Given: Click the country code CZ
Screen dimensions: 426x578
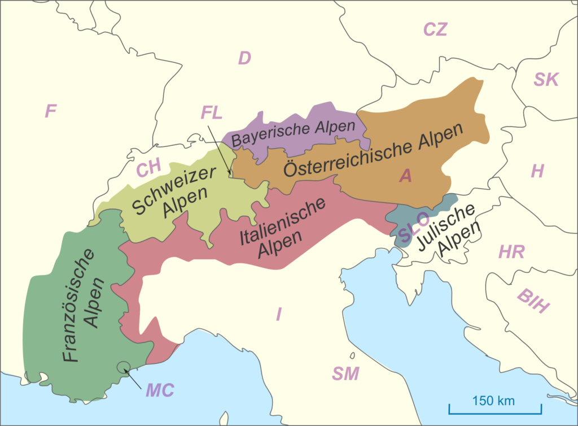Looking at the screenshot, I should (x=435, y=29).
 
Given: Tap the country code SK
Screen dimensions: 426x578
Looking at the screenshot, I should (x=546, y=80).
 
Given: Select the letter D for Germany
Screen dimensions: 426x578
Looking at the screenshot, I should (x=244, y=58).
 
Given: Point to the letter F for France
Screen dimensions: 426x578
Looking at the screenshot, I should (x=51, y=111).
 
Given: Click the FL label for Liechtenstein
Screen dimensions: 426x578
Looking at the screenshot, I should (x=211, y=112).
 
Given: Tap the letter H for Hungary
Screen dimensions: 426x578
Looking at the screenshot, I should (x=537, y=171).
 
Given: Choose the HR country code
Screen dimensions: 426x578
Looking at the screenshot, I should (x=511, y=252).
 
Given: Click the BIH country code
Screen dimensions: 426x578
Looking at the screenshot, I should (x=533, y=300).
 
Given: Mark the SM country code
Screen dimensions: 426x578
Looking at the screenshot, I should (x=345, y=373).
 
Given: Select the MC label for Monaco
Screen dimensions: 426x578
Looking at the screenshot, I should (x=161, y=390).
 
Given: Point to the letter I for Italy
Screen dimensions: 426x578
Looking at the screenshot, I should (x=278, y=314).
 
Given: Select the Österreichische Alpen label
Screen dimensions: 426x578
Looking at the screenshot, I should (x=373, y=150).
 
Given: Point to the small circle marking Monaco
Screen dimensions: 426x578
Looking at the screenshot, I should (x=122, y=368).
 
